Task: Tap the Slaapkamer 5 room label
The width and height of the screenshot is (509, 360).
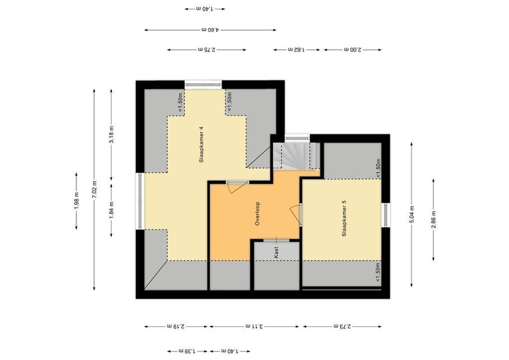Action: click(344, 218)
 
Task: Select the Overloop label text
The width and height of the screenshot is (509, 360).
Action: click(258, 213)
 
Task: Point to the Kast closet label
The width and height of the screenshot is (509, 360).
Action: click(276, 251)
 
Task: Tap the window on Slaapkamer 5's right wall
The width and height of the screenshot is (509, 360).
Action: click(385, 215)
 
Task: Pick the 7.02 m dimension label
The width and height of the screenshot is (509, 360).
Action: click(94, 189)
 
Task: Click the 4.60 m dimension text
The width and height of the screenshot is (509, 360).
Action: click(210, 30)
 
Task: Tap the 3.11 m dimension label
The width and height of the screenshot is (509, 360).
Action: click(255, 326)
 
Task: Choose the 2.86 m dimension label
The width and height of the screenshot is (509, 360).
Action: click(433, 219)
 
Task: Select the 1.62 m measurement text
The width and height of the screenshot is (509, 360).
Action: click(297, 49)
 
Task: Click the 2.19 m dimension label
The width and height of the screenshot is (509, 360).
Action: click(176, 326)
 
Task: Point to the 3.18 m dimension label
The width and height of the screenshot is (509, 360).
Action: click(112, 134)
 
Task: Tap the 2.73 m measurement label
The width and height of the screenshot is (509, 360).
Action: click(342, 326)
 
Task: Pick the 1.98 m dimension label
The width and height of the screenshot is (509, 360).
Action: click(77, 200)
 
